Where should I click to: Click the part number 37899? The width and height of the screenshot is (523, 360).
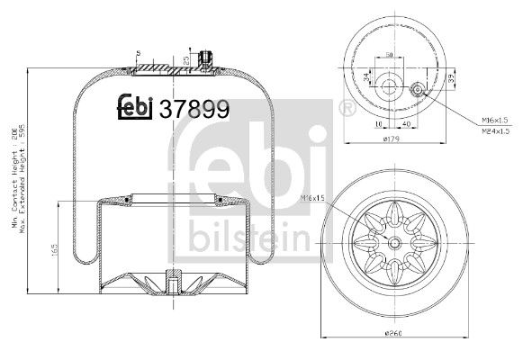coord(194,110)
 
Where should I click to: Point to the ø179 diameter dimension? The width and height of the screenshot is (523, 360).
coord(391,139)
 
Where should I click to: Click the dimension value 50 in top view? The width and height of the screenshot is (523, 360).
coord(390,55)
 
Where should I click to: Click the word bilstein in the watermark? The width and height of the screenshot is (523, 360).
coord(248,237)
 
